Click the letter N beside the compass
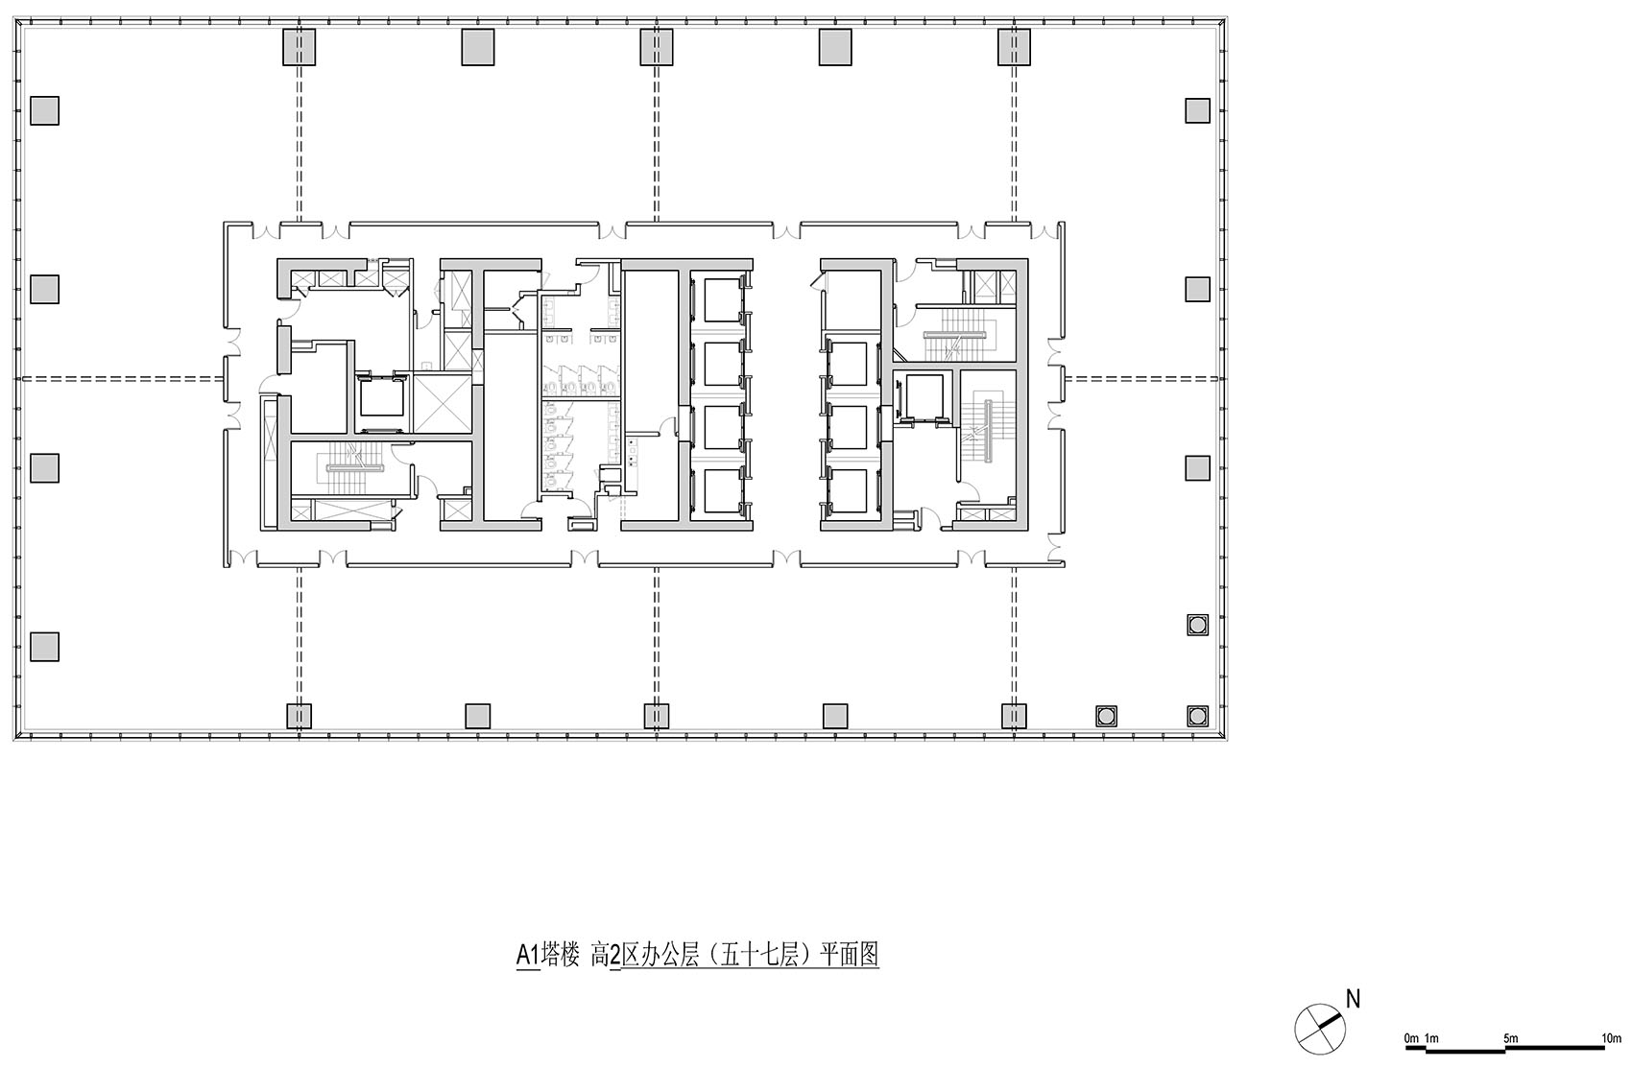[1353, 999]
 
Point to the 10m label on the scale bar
[1612, 1038]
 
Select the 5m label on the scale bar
[1510, 1038]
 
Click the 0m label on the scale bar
[1410, 1038]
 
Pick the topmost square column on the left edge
[44, 111]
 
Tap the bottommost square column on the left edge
[44, 647]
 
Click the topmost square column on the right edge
[1197, 111]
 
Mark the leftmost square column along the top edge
[299, 47]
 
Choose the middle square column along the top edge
[657, 47]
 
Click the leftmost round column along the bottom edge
[1107, 715]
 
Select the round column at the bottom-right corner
[1197, 715]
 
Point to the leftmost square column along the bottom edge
[299, 716]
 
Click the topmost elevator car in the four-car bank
[719, 298]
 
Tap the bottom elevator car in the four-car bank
[719, 492]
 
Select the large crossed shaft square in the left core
[443, 405]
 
